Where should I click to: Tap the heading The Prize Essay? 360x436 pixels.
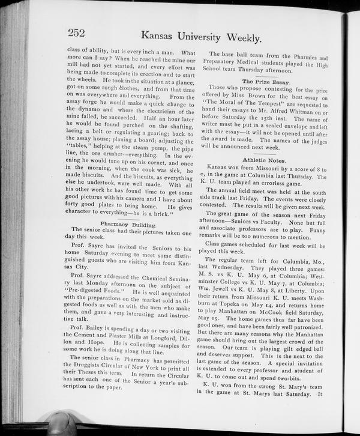pos(266,81)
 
